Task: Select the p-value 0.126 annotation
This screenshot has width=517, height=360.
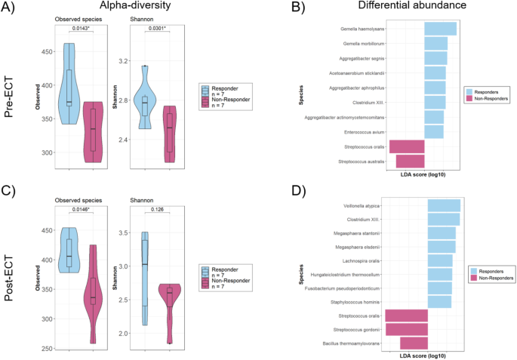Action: [157, 210]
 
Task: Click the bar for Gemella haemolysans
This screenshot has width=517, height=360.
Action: [440, 29]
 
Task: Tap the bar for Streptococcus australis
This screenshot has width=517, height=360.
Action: [410, 161]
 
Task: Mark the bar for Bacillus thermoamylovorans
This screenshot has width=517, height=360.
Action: [414, 343]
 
